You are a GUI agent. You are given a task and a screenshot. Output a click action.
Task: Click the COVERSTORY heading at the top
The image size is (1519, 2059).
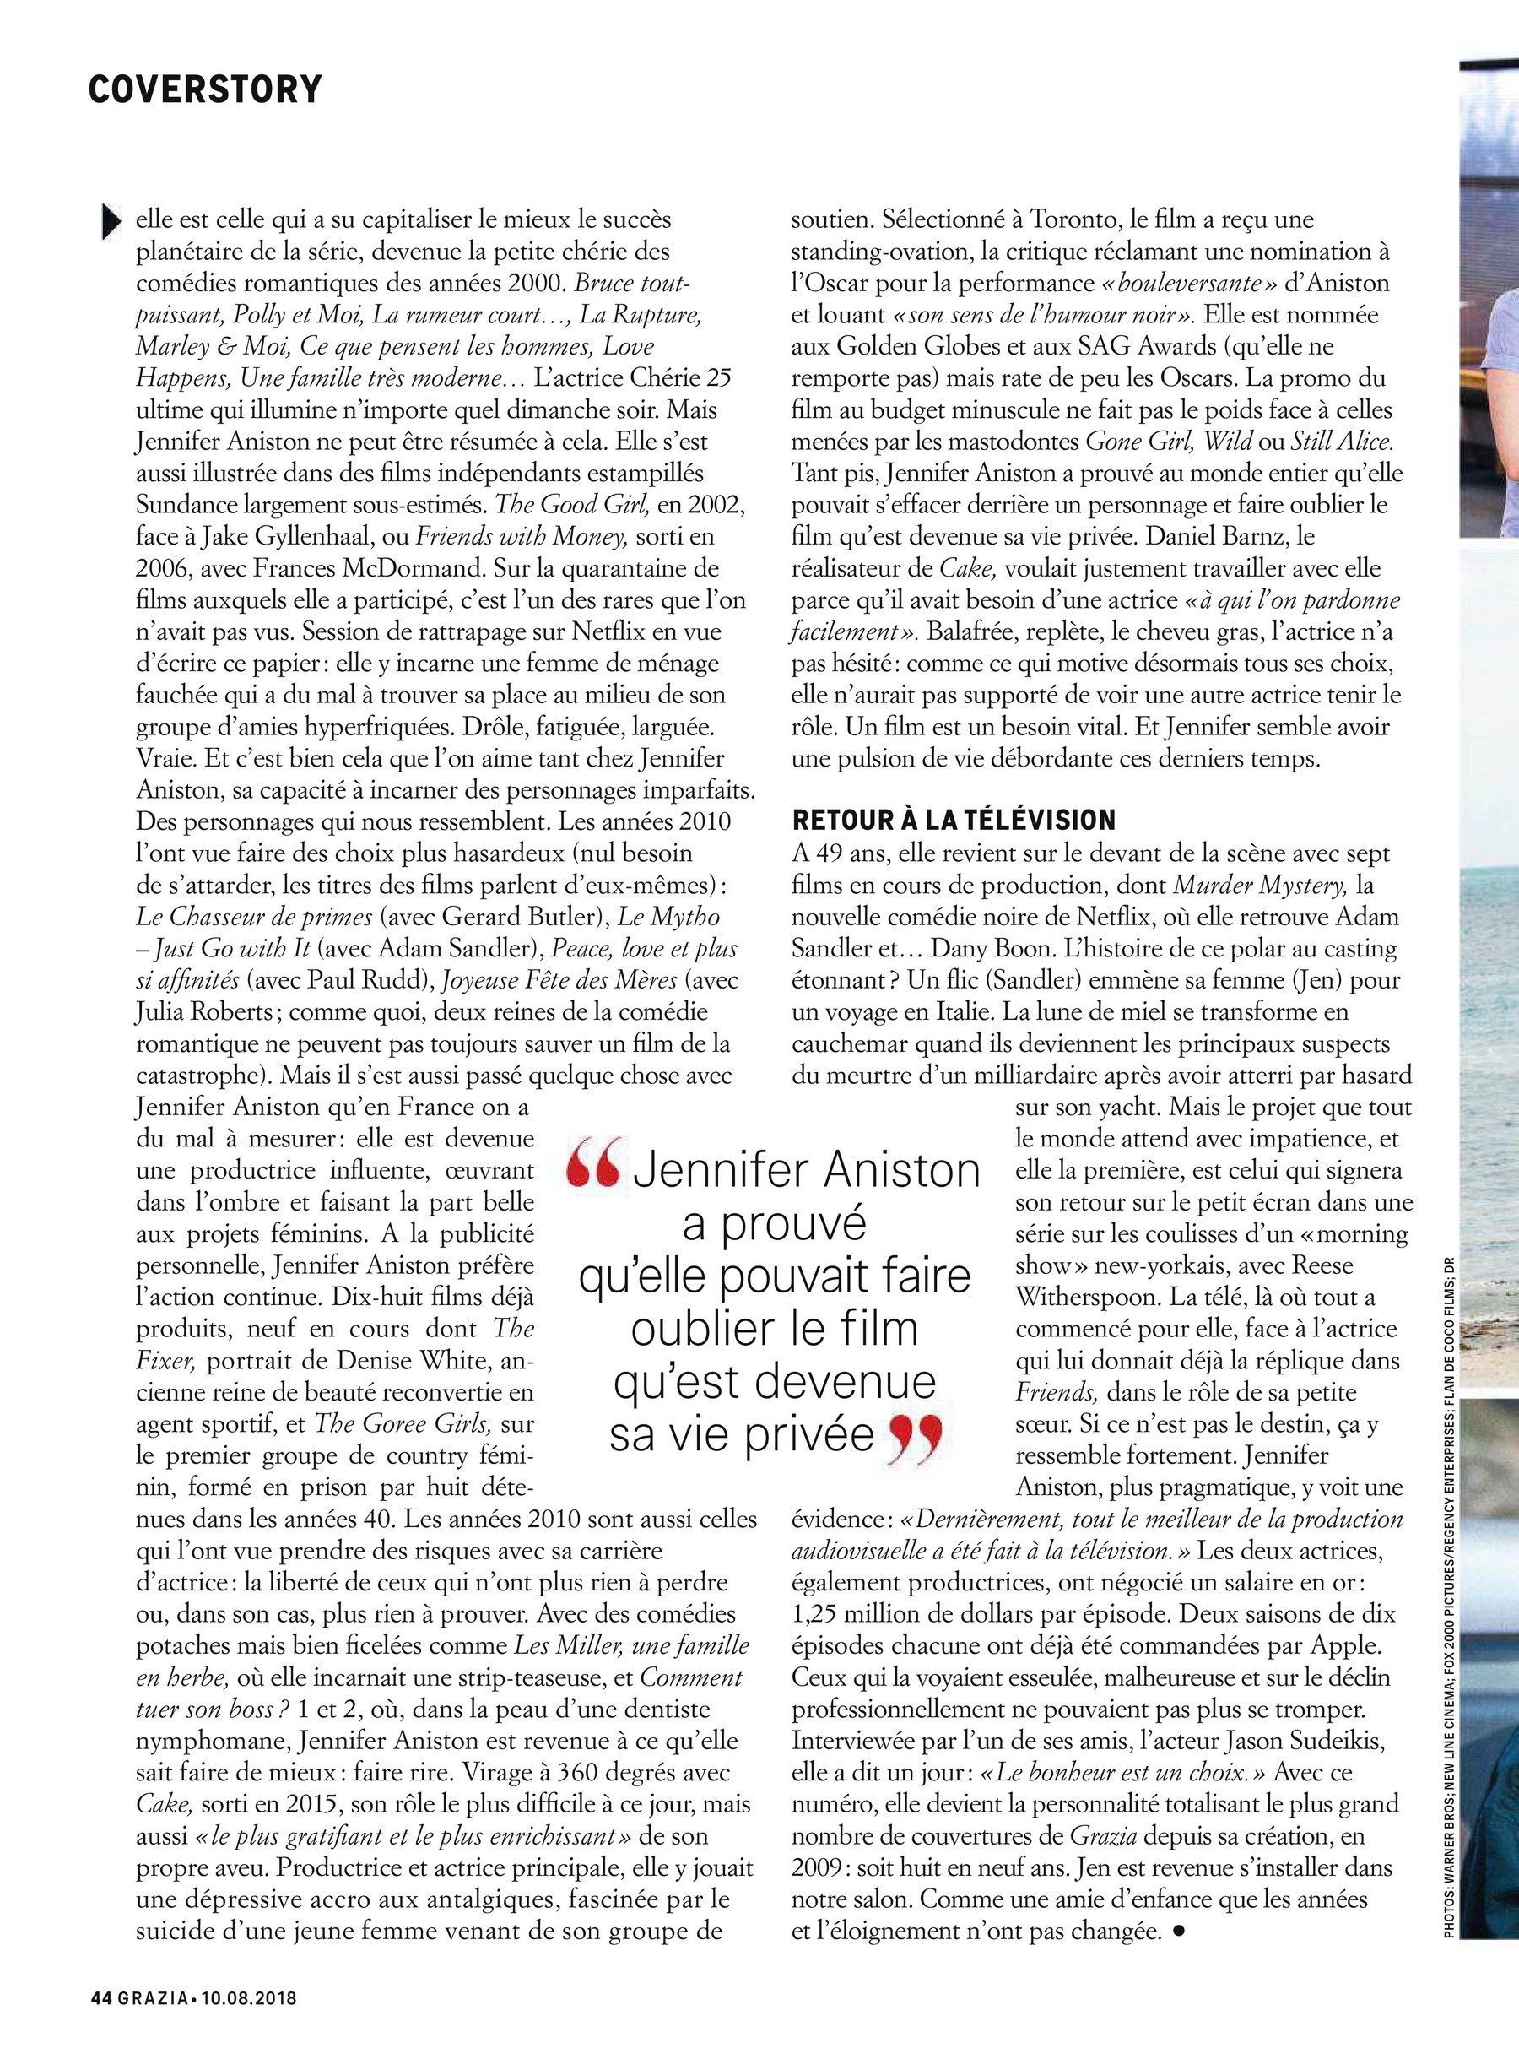click(205, 89)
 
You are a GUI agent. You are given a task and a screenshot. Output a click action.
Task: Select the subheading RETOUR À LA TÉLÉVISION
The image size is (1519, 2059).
click(954, 820)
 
